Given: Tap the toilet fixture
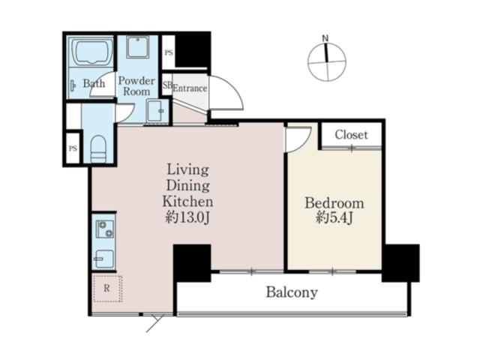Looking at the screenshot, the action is click(x=98, y=149).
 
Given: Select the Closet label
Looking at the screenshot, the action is click(x=351, y=135).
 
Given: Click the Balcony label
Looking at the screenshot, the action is click(x=292, y=292).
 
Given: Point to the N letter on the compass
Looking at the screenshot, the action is click(x=325, y=38).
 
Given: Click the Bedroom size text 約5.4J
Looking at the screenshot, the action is click(x=334, y=217).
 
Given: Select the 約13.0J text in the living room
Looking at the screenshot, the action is click(x=187, y=217).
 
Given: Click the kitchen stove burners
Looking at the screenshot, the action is click(x=105, y=229).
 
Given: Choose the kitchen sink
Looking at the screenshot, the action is click(x=104, y=259).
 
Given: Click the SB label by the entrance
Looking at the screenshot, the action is click(x=167, y=85).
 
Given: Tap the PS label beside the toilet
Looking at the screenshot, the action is click(x=73, y=148).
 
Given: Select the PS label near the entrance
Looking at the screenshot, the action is click(x=169, y=53).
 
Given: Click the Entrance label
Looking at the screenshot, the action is click(x=190, y=88).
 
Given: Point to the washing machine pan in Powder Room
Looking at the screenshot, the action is click(x=138, y=46).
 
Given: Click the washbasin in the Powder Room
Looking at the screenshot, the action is click(x=155, y=110).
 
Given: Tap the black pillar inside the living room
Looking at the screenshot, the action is click(x=192, y=263).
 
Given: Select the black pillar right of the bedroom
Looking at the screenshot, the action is click(x=400, y=263).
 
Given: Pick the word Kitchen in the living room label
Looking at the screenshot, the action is click(x=187, y=202).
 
